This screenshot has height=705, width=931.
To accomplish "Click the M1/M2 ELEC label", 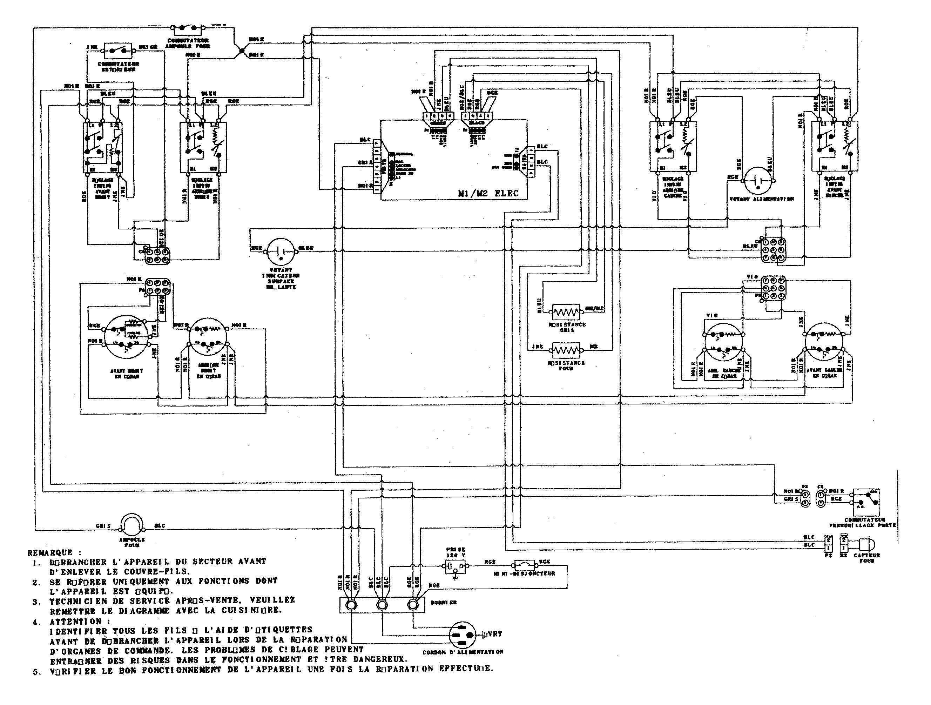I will coord(488,194).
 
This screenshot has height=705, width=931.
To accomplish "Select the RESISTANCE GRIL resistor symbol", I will coord(566,312).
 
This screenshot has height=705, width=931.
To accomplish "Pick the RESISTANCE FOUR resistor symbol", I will coord(566,350).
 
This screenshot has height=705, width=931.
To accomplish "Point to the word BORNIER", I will coord(443,602).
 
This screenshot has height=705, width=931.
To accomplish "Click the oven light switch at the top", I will coord(188,29).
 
